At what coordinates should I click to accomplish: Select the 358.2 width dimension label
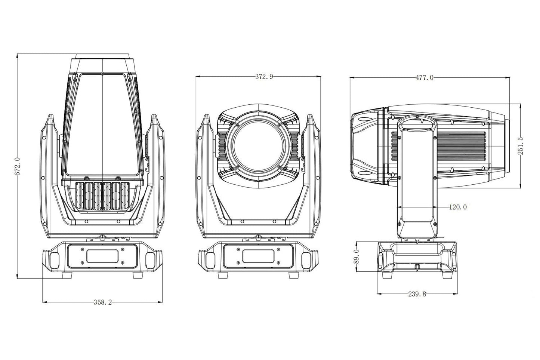(x=103, y=302)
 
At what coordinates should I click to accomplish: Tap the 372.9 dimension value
(x=264, y=77)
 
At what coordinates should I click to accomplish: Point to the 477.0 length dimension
(x=425, y=78)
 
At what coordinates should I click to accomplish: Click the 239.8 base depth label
(x=417, y=294)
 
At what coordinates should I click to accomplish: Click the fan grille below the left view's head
(x=102, y=196)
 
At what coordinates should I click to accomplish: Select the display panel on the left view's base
(x=102, y=256)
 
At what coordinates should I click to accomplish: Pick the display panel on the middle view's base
(x=258, y=256)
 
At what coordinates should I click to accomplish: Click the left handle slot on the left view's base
(x=54, y=261)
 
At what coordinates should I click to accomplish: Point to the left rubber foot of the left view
(x=67, y=275)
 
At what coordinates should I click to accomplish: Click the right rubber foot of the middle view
(x=294, y=275)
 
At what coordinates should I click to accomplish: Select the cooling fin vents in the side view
(x=460, y=146)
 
